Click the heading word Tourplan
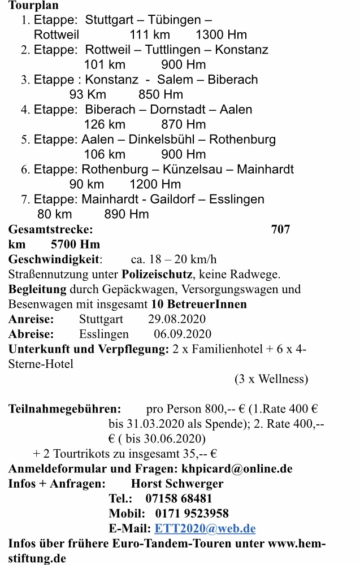click(33, 6)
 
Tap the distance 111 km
click(150, 35)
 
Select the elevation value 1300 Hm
click(221, 35)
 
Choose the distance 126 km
click(105, 124)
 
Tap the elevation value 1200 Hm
click(155, 184)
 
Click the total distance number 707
click(280, 229)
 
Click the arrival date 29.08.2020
click(177, 319)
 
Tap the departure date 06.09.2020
click(183, 334)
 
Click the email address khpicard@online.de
click(236, 468)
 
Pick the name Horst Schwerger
click(177, 484)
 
